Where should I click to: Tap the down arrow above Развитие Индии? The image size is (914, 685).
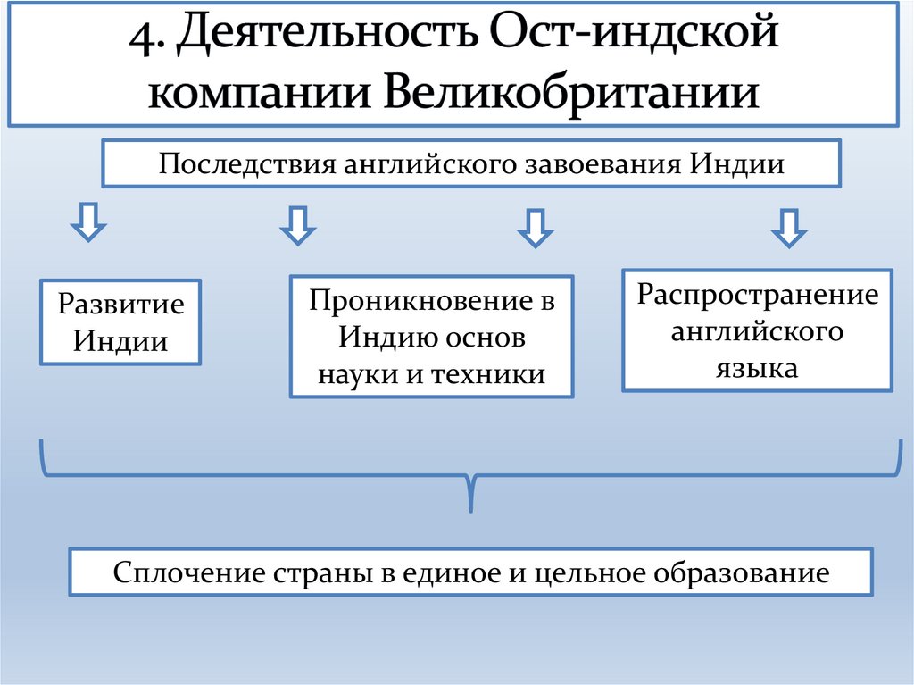[89, 222]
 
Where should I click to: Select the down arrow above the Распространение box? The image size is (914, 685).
[789, 227]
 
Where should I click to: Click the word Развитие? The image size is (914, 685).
[120, 305]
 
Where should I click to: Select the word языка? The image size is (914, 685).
[757, 367]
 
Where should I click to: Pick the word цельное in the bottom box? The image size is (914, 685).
[590, 572]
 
